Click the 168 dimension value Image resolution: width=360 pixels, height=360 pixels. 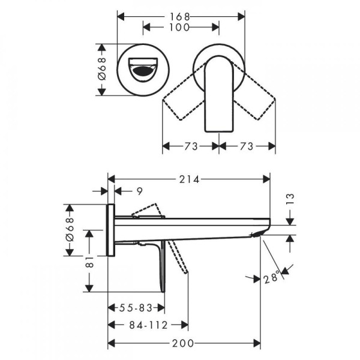pos(180,17)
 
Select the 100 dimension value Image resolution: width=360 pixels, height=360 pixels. pos(179,28)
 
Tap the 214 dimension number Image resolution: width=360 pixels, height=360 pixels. pos(189,179)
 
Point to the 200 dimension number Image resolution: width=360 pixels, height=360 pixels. pos(183,343)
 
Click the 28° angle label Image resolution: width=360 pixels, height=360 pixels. pos(272,278)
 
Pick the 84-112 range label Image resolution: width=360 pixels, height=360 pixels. pos(149,325)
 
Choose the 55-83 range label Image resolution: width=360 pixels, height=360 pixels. pos(136,308)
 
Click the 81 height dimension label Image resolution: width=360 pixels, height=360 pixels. pos(90,262)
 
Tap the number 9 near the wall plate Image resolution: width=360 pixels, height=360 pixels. pos(140,191)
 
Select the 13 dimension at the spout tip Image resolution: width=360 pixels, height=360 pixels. pos(290,199)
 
